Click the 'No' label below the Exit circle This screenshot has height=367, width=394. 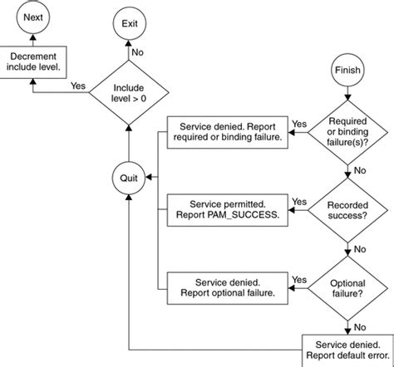pyautogui.click(x=137, y=52)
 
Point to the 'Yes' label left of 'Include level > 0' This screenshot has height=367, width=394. pyautogui.click(x=78, y=86)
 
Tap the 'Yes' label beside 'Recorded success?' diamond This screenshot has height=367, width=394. pyautogui.click(x=299, y=202)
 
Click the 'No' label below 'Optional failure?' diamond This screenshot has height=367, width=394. pyautogui.click(x=360, y=327)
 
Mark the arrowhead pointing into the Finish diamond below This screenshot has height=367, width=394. pyautogui.click(x=347, y=97)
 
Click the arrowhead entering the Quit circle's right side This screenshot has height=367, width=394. pyautogui.click(x=149, y=177)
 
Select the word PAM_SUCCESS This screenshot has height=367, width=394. pyautogui.click(x=242, y=215)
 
